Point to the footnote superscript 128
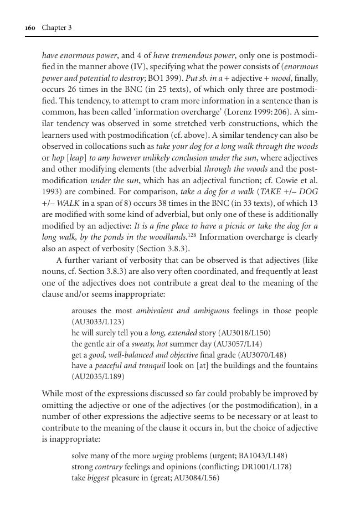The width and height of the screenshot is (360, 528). (x=194, y=235)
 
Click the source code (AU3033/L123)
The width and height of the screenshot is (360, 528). (x=98, y=322)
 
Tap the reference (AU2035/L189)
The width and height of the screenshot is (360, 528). (x=98, y=377)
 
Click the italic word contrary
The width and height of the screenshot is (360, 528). (x=105, y=467)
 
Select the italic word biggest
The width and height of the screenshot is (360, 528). (x=98, y=478)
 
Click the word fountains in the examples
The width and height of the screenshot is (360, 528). (x=301, y=366)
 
